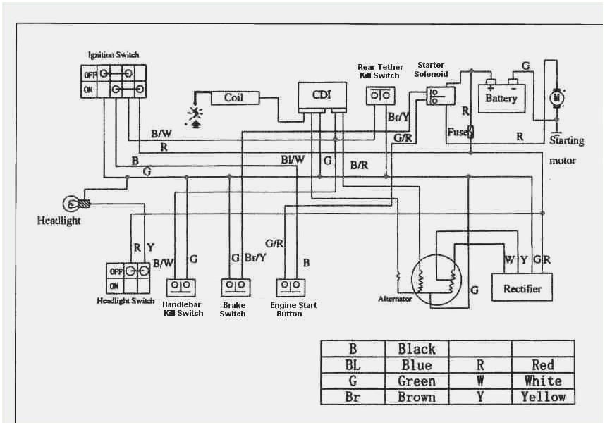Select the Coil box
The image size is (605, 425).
pos(233,98)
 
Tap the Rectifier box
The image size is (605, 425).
pos(522,288)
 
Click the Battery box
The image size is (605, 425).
pos(501,98)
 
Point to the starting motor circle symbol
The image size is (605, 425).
pos(556,97)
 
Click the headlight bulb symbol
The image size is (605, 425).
pos(71,204)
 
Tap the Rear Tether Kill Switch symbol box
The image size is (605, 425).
pos(380,94)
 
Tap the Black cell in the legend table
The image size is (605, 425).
pos(417,349)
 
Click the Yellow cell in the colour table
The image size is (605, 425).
pos(543,397)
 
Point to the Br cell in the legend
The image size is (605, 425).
pos(353,397)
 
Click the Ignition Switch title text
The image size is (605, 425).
pos(113,55)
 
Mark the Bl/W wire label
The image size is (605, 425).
pos(292,160)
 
